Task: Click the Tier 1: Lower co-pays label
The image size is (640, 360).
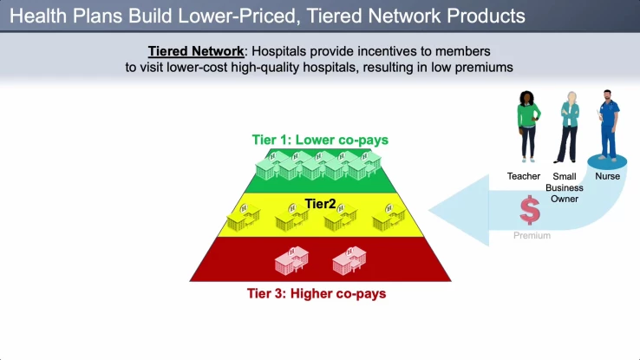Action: (x=320, y=140)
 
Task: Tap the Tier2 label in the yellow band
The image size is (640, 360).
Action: (x=319, y=204)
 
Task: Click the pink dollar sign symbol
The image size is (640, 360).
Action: (x=530, y=211)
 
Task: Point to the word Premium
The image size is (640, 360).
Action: (x=532, y=235)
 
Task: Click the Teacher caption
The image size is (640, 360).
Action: (x=524, y=177)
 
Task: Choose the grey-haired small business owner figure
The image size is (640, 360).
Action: (x=569, y=126)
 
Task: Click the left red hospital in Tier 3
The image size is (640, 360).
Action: (x=292, y=259)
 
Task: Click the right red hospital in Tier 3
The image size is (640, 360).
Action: (x=349, y=259)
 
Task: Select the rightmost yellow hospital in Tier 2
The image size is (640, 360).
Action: (x=389, y=218)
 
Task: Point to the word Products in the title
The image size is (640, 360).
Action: (x=483, y=16)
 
